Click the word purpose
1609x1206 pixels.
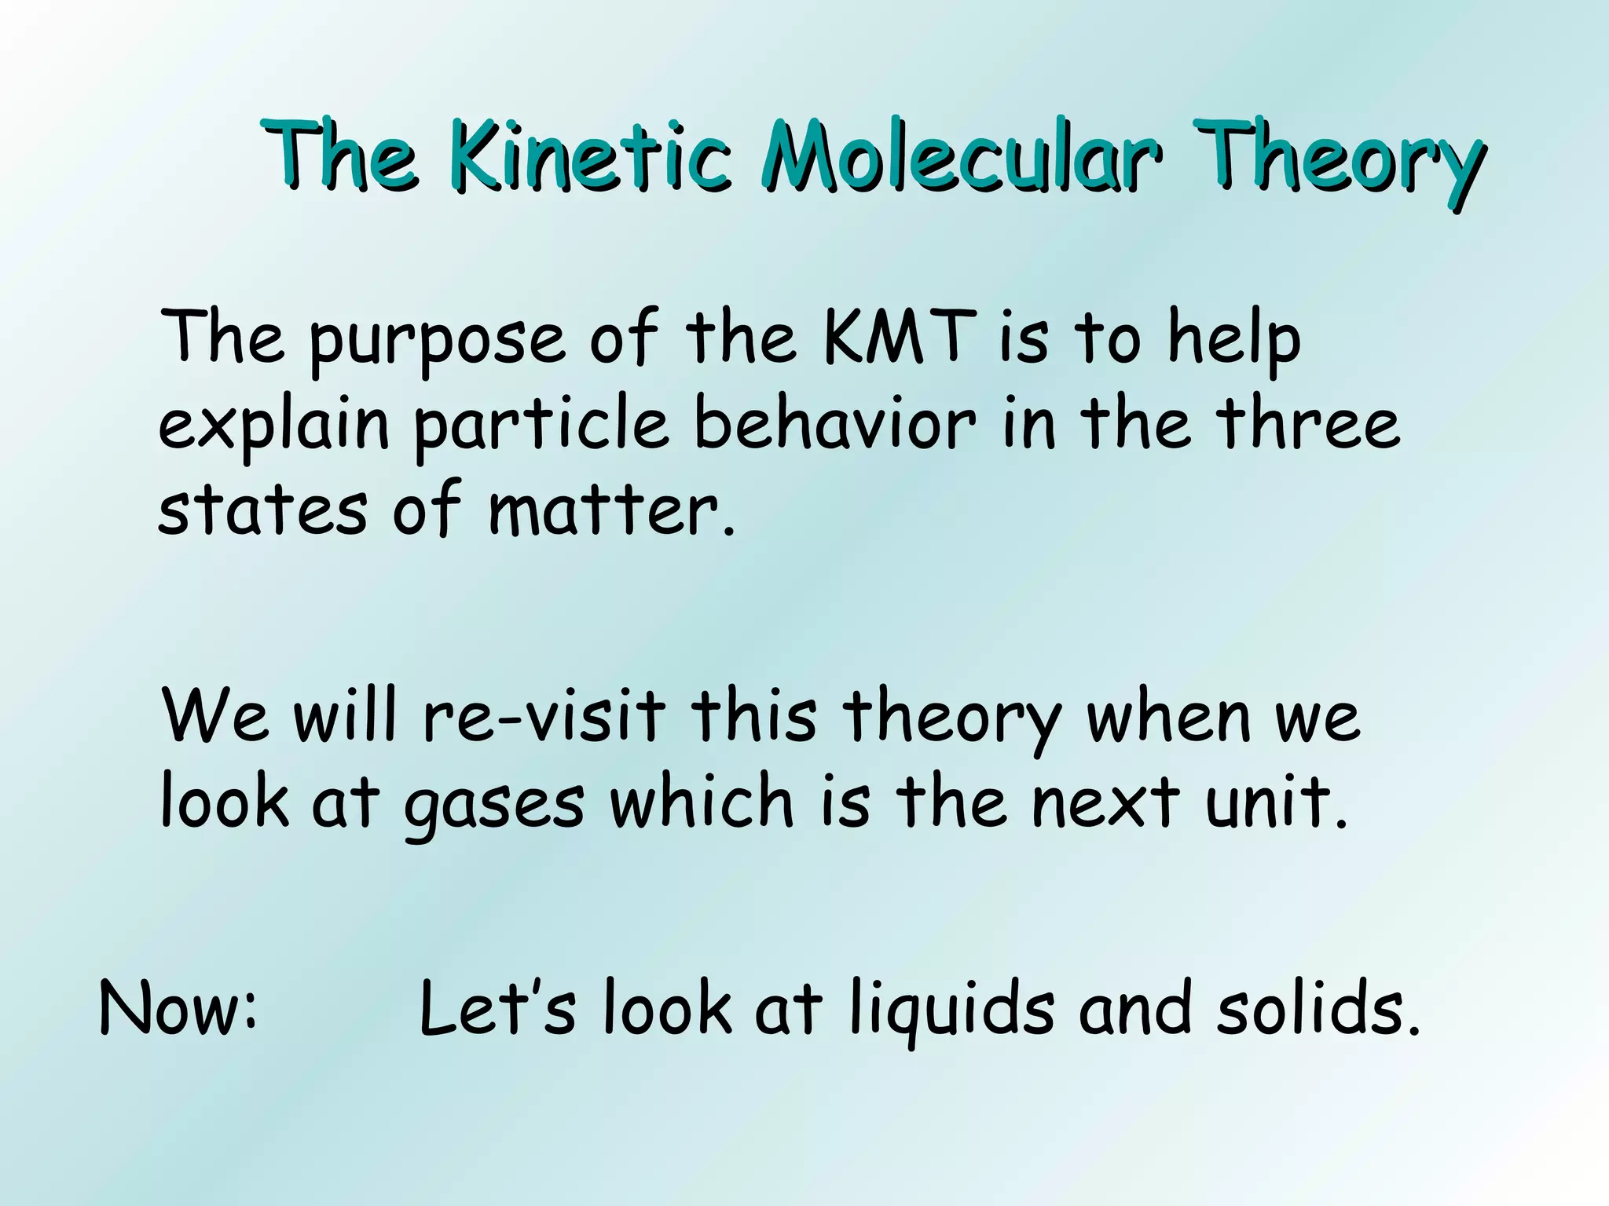437,342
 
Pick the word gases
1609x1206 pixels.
494,805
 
